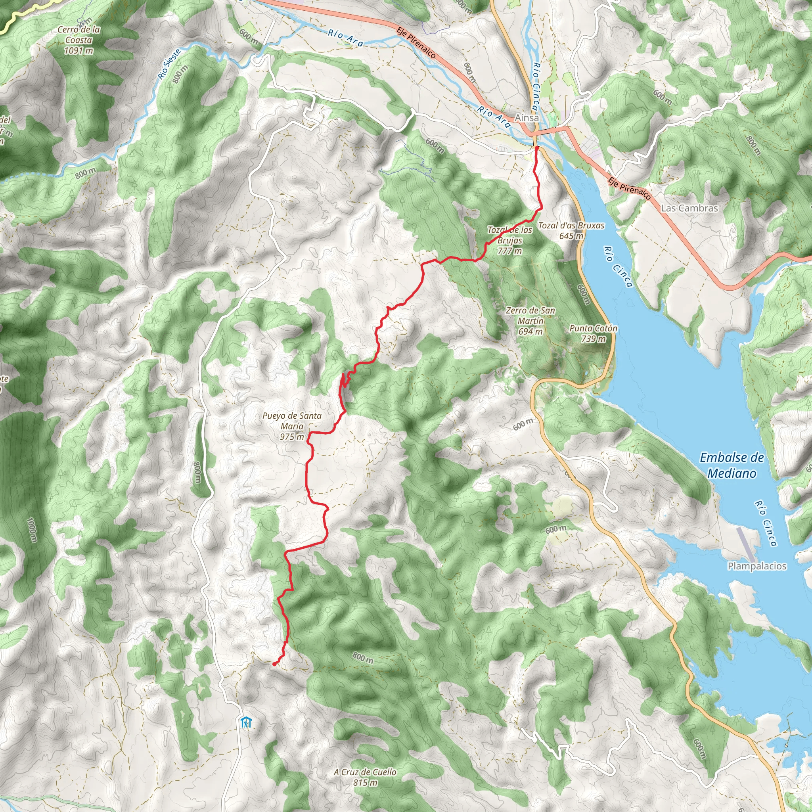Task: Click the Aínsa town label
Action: tap(527, 118)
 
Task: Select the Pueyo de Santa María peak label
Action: tap(292, 426)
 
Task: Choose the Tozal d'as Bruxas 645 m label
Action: tap(571, 230)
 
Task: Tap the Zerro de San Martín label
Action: tap(530, 321)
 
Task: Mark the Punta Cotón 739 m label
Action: tap(593, 333)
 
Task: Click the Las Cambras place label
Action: tap(689, 208)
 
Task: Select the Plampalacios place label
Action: tap(756, 566)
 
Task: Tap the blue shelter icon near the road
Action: tap(245, 722)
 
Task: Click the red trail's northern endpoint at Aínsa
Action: tap(537, 148)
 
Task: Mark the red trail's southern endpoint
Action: tap(274, 664)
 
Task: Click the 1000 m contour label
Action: tap(32, 530)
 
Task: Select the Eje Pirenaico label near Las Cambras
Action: tap(630, 188)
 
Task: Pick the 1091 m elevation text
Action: tap(79, 50)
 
